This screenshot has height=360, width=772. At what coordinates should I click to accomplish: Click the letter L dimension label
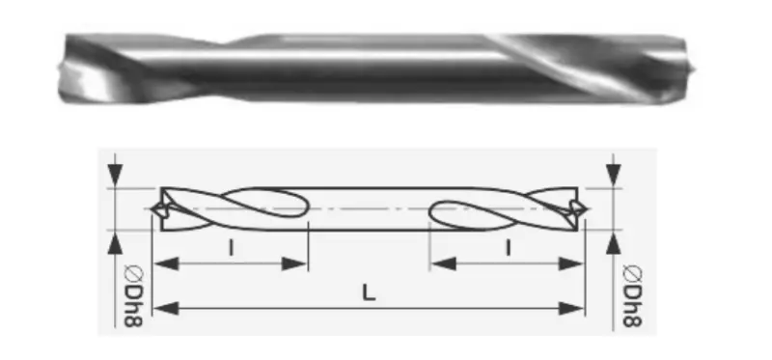[369, 293]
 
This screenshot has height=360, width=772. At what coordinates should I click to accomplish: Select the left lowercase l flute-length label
[231, 248]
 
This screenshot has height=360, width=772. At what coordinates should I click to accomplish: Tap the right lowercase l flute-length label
[509, 248]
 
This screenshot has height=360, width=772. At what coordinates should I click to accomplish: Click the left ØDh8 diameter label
[133, 296]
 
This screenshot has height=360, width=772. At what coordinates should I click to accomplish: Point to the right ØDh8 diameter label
[632, 296]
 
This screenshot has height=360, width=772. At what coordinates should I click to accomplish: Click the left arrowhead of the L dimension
[165, 309]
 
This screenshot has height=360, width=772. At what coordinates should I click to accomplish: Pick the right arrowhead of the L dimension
[571, 309]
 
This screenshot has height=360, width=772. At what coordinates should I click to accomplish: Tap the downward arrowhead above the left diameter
[115, 176]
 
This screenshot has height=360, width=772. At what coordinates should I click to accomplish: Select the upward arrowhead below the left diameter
[115, 243]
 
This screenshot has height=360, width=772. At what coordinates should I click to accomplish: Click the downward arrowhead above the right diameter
[614, 176]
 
